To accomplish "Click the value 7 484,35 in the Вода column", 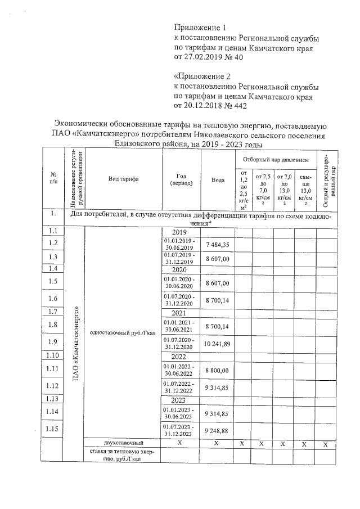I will (218, 245).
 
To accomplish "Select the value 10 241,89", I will (218, 343).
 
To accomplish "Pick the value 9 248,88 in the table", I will (218, 430).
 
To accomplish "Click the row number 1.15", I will (54, 430).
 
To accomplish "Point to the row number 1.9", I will (54, 342).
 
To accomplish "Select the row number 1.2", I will (54, 243).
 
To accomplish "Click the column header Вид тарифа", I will (123, 178).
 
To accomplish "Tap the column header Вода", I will (218, 179).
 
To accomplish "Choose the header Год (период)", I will (181, 179).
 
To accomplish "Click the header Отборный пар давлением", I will (276, 160).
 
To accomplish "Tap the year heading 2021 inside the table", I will (179, 313).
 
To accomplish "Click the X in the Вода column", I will (217, 444).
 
